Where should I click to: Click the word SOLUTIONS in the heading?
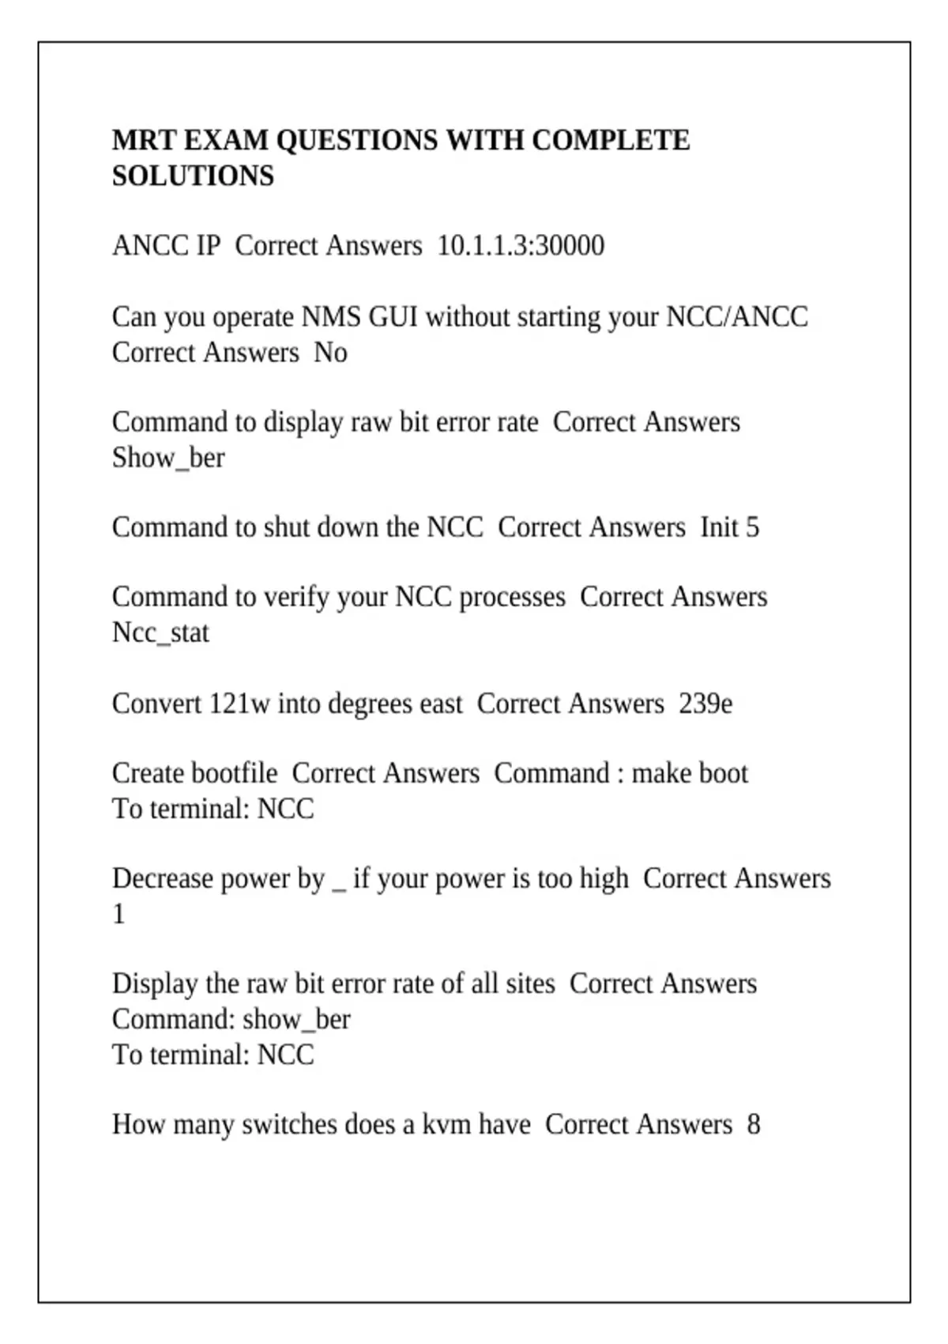point(193,176)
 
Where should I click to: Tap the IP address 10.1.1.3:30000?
point(521,246)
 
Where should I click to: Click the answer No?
point(330,352)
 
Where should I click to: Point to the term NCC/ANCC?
point(737,317)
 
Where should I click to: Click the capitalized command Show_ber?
point(168,458)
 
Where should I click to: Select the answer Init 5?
point(729,527)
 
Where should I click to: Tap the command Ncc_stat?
point(160,633)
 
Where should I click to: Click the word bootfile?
point(235,773)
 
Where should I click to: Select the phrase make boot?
point(689,773)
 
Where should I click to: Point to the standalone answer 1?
point(118,915)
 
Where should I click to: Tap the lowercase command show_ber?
point(296,1020)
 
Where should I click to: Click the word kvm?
point(438,1125)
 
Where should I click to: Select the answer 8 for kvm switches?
point(754,1125)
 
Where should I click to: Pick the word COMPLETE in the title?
point(610,141)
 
